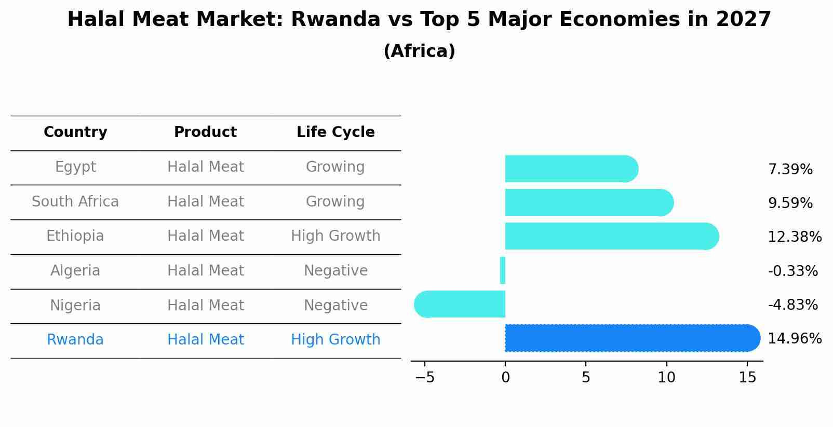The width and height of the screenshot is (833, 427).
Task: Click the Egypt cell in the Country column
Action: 75,167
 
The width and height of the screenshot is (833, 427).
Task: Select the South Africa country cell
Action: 75,202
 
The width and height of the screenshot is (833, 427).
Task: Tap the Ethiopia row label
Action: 75,236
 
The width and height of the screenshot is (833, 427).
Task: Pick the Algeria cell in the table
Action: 75,271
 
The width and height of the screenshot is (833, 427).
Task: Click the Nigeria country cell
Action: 75,306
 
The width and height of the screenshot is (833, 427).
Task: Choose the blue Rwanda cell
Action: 75,340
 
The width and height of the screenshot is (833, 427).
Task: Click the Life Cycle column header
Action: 335,132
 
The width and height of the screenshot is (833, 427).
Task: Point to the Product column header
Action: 205,132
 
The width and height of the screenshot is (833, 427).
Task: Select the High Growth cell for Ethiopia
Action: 335,236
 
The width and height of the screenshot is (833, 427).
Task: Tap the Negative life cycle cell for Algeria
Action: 335,271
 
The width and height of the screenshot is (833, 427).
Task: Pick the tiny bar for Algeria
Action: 503,270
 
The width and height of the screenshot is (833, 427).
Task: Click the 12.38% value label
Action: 794,237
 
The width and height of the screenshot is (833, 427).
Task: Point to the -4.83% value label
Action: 792,305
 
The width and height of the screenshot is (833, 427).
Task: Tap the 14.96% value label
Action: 794,339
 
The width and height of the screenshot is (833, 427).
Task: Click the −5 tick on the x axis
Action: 425,378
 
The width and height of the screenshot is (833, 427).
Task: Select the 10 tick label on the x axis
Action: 666,378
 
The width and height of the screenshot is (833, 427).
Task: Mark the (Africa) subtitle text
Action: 419,51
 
